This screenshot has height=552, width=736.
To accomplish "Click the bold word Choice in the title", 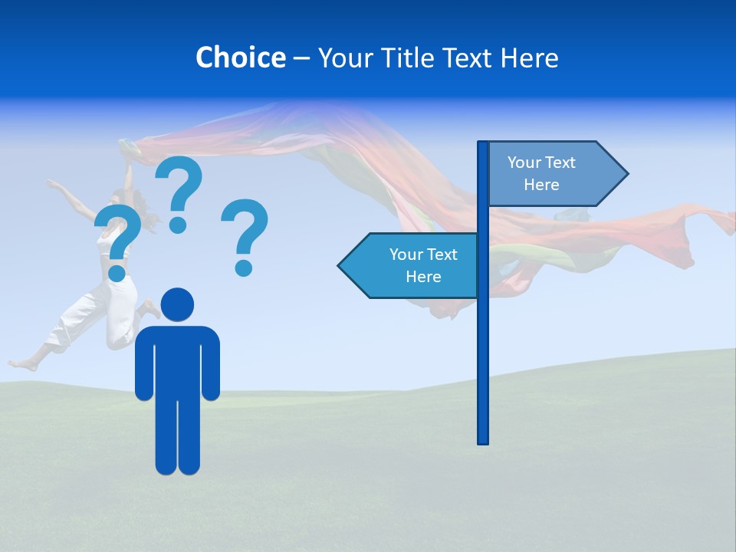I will [240, 58].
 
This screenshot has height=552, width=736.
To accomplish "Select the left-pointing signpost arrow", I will [410, 265].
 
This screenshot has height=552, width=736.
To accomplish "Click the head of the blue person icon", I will [178, 305].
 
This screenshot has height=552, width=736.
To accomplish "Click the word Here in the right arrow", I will [541, 185].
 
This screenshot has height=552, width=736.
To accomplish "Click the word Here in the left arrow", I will [423, 277].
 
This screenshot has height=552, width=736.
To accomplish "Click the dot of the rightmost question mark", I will [244, 268].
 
